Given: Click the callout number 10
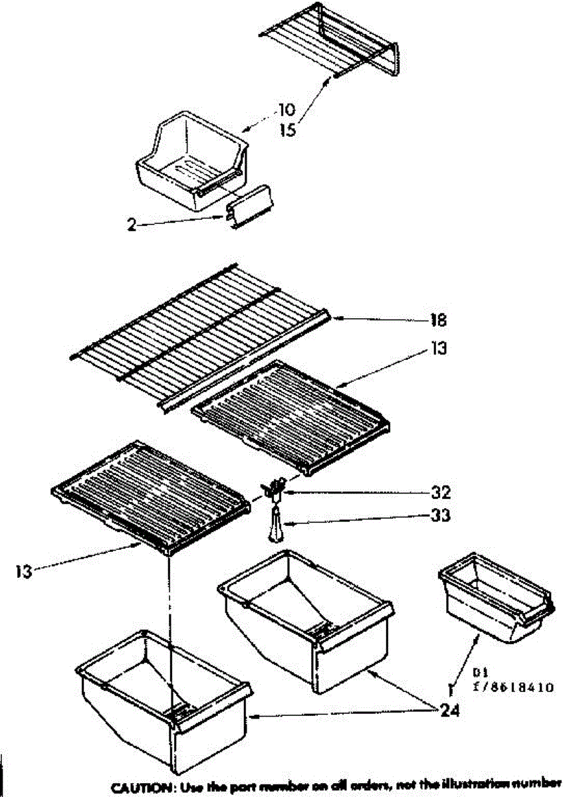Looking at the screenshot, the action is click(x=287, y=110).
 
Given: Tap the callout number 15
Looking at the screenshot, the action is click(x=287, y=131).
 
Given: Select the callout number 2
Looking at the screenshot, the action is click(x=132, y=225).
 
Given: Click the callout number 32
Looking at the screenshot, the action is click(x=440, y=493).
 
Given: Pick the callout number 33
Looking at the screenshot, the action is click(x=440, y=515).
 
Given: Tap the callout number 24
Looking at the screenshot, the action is click(x=450, y=711).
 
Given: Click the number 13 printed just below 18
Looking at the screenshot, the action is click(x=439, y=347).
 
